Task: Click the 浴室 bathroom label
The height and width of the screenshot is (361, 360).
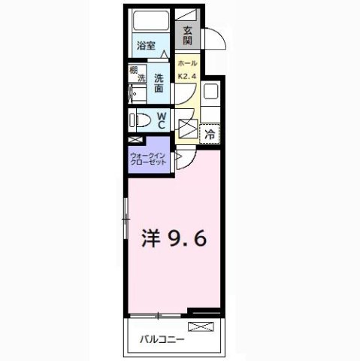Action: click(146, 45)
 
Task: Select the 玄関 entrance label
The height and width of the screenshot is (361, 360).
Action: click(187, 35)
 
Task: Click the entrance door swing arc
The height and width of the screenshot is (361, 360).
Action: click(213, 38)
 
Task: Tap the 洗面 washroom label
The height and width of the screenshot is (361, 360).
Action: click(159, 82)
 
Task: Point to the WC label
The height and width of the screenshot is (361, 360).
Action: click(162, 120)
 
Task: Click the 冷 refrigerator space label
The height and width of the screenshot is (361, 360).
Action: click(211, 133)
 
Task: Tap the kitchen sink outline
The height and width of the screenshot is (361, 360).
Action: click(210, 93)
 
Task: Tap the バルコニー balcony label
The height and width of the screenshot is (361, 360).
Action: click(162, 338)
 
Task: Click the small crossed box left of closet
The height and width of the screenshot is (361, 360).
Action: click(135, 139)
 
